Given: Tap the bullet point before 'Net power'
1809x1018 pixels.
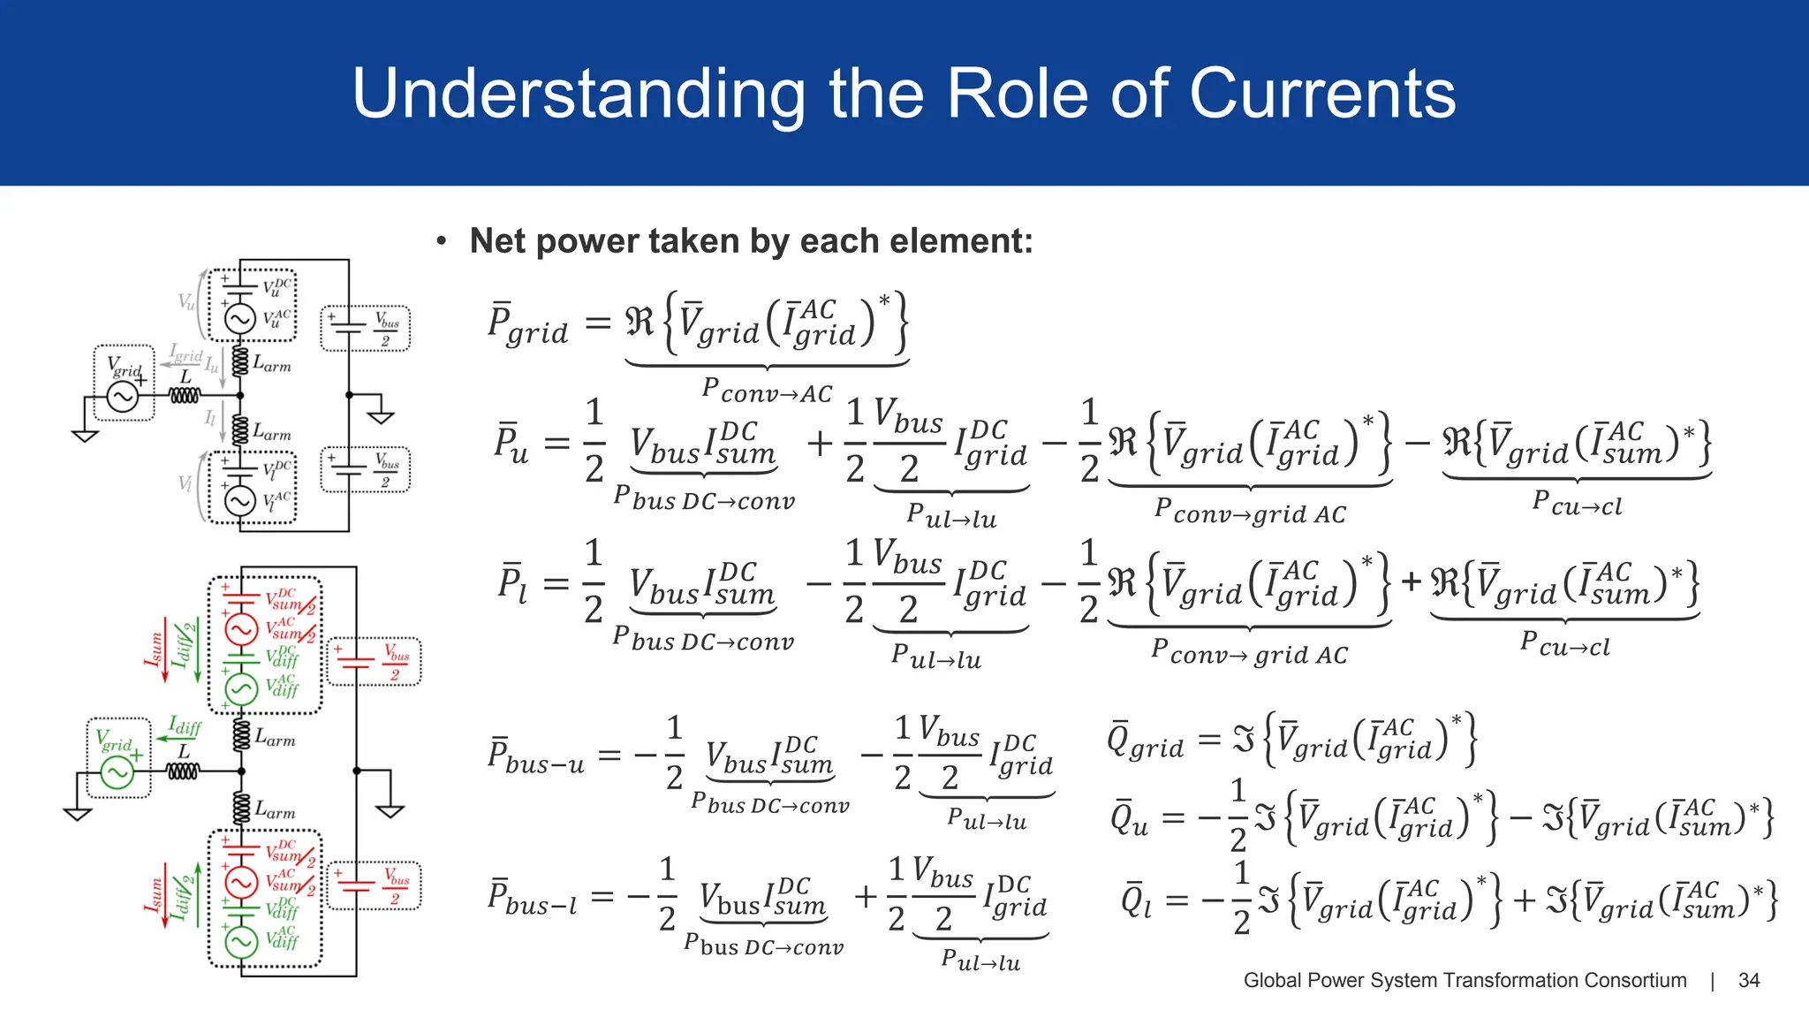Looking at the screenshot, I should coord(442,241).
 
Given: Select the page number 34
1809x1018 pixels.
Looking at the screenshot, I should coord(1748,980).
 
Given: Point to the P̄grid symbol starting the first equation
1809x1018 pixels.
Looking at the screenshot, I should coord(526,325).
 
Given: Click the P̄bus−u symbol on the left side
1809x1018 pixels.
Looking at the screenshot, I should coord(535,756).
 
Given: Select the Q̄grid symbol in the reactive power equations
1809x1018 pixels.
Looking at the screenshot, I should coord(1145,741).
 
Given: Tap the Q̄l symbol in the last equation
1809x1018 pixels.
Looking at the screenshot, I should coord(1135,900).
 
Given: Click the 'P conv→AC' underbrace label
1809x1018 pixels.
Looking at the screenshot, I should coord(767,390).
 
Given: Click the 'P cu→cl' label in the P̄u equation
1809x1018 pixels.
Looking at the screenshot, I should coord(1577,503).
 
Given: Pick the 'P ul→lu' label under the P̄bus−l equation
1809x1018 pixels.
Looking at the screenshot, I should coord(980,961).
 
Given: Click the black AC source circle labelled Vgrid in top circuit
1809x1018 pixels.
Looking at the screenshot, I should coord(122,397).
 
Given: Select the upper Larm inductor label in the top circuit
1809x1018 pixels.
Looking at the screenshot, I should coord(271,363).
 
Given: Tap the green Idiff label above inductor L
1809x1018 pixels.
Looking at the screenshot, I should coord(185,726).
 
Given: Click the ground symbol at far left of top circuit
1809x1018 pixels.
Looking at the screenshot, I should coord(85,435).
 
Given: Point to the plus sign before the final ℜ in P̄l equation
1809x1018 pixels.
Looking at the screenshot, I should coord(1411,581).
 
